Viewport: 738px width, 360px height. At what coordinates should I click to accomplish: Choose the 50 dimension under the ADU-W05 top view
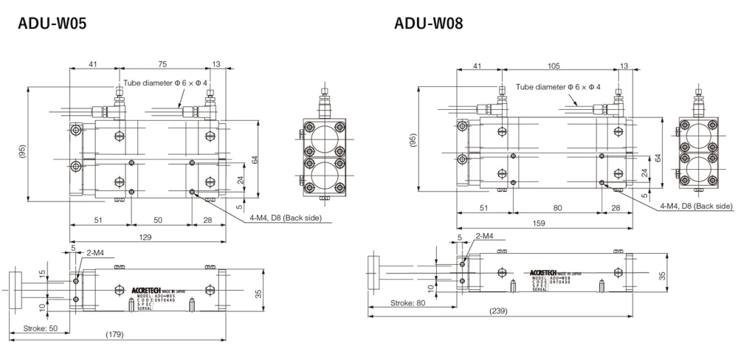tap(158, 220)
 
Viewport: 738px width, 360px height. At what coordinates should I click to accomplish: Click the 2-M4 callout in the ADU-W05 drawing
tap(94, 252)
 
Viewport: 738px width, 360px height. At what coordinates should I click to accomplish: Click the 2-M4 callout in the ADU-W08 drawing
tap(485, 236)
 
